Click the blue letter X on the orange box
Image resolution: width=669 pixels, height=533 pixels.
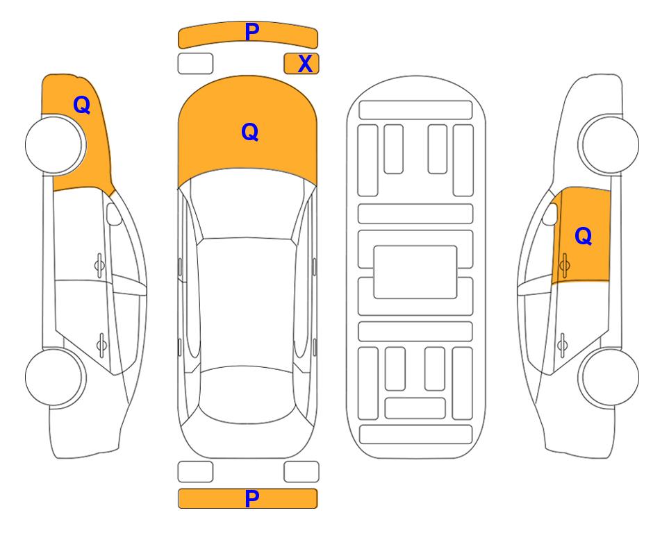pos(305,64)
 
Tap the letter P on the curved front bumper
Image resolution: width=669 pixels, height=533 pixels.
pos(252,32)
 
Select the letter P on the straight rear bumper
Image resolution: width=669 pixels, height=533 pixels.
pos(252,498)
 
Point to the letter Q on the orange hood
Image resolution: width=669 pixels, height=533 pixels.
pos(250,132)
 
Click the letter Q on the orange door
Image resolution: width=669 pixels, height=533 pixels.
pos(584,236)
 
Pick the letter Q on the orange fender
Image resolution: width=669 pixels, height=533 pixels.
pos(82,105)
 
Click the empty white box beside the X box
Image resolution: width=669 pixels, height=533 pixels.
pos(195,64)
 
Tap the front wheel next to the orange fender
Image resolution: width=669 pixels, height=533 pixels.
pos(55,145)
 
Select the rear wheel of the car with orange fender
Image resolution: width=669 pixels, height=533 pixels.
pos(55,378)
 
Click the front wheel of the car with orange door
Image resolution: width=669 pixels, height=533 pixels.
pos(609,144)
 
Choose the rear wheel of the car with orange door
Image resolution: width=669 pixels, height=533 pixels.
pos(609,378)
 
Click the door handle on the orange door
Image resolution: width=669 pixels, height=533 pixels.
pos(564,265)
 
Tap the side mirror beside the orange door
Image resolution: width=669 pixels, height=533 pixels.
pos(550,214)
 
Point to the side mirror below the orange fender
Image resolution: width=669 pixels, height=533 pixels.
pos(114,214)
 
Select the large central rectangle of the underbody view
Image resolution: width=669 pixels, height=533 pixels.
pos(415,272)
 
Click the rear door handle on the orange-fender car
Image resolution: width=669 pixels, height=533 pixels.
pos(101,344)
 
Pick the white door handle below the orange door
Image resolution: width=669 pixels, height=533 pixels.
pos(562,344)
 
